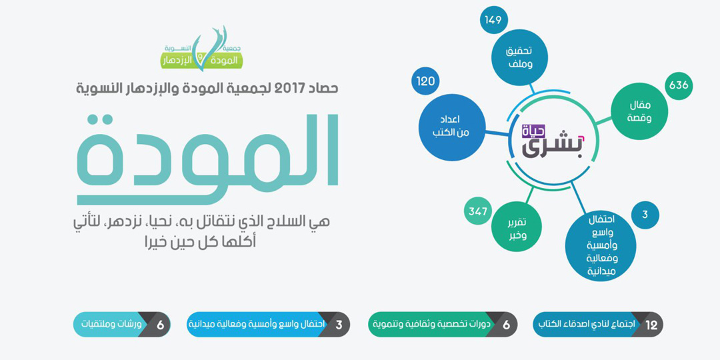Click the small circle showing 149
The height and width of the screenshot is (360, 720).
click(494, 20)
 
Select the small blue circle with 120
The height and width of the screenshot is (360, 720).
click(426, 81)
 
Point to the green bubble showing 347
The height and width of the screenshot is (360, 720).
click(478, 211)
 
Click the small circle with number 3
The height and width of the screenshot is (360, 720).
click(645, 215)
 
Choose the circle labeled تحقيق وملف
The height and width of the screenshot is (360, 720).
click(521, 58)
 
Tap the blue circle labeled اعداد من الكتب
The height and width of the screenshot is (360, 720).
click(452, 127)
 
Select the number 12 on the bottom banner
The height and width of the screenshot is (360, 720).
click(651, 325)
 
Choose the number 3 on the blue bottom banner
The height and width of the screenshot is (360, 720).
click(339, 325)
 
